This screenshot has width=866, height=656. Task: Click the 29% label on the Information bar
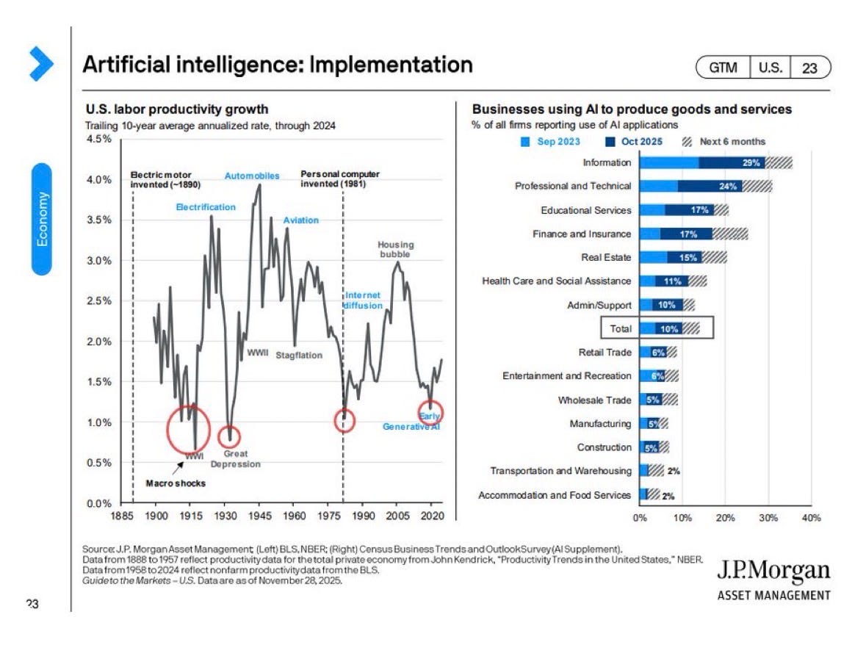pyautogui.click(x=751, y=162)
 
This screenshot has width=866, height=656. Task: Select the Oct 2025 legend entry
pyautogui.click(x=633, y=141)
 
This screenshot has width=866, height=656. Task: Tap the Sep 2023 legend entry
pyautogui.click(x=550, y=141)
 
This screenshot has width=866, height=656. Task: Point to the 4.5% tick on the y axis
pyautogui.click(x=99, y=139)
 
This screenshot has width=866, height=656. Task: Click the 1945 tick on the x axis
pyautogui.click(x=259, y=516)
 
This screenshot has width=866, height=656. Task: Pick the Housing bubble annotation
pyautogui.click(x=395, y=249)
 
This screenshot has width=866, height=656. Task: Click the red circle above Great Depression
pyautogui.click(x=228, y=437)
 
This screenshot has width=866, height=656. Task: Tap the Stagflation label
pyautogui.click(x=299, y=355)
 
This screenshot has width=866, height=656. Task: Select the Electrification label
pyautogui.click(x=206, y=207)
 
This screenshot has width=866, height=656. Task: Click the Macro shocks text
pyautogui.click(x=176, y=483)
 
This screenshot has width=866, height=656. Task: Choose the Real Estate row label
pyautogui.click(x=606, y=257)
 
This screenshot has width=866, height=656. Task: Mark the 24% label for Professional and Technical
pyautogui.click(x=728, y=186)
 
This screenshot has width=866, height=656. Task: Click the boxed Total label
pyautogui.click(x=620, y=328)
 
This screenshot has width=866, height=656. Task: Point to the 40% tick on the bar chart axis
pyautogui.click(x=811, y=518)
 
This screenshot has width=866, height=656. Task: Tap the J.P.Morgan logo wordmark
pyautogui.click(x=773, y=571)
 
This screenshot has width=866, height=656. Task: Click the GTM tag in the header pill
pyautogui.click(x=723, y=68)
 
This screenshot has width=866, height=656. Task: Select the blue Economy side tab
pyautogui.click(x=42, y=219)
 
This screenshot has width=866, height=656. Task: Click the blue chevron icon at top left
pyautogui.click(x=41, y=63)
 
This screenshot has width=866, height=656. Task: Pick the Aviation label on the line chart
pyautogui.click(x=301, y=220)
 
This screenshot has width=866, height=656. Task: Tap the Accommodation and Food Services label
pyautogui.click(x=555, y=495)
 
